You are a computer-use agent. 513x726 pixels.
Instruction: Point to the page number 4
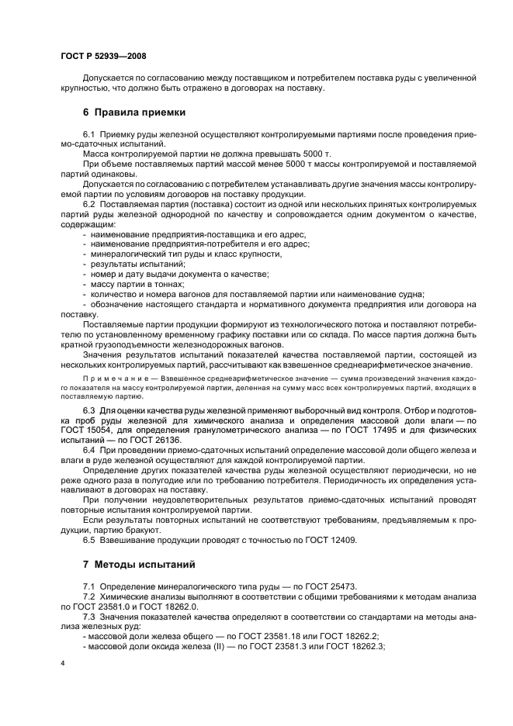pyautogui.click(x=62, y=663)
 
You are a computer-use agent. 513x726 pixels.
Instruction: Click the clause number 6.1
pyautogui.click(x=88, y=134)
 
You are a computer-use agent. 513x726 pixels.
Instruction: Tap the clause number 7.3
pyautogui.click(x=88, y=614)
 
